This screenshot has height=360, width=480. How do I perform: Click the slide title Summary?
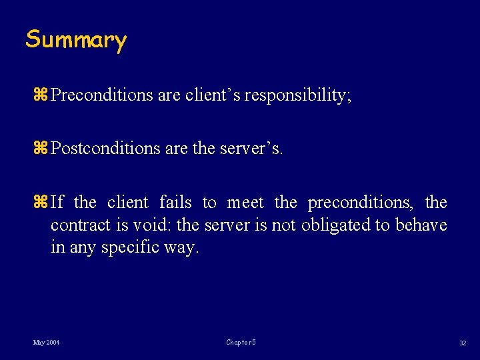click(x=75, y=40)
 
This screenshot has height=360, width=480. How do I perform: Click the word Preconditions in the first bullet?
click(x=102, y=95)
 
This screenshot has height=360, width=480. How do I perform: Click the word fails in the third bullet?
click(x=175, y=202)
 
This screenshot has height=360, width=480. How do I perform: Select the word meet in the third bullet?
click(x=245, y=202)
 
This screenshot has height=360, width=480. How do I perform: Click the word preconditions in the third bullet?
click(x=360, y=202)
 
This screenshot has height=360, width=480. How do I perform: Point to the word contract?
click(x=80, y=225)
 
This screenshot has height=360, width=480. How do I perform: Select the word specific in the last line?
click(x=127, y=247)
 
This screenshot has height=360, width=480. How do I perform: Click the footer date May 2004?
click(x=47, y=342)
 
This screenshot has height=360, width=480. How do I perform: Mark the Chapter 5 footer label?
click(x=241, y=342)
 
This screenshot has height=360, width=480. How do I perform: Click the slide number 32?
click(x=463, y=343)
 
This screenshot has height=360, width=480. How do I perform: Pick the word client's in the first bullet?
click(x=209, y=95)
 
